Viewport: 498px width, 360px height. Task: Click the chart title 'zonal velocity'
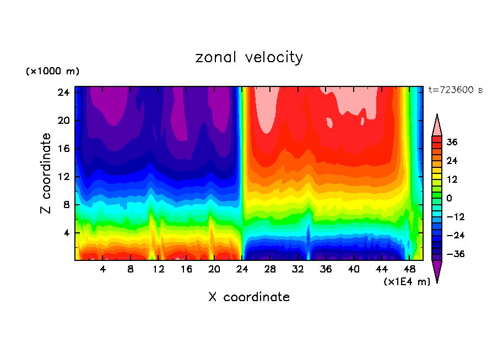249,57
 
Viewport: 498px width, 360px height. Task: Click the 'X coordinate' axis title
249,297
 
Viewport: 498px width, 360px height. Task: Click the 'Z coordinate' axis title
46,173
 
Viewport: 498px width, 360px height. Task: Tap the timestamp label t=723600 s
455,90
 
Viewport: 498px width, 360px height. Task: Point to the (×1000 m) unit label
52,72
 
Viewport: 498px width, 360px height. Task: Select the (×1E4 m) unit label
407,282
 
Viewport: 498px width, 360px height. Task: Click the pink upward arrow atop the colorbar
437,126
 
